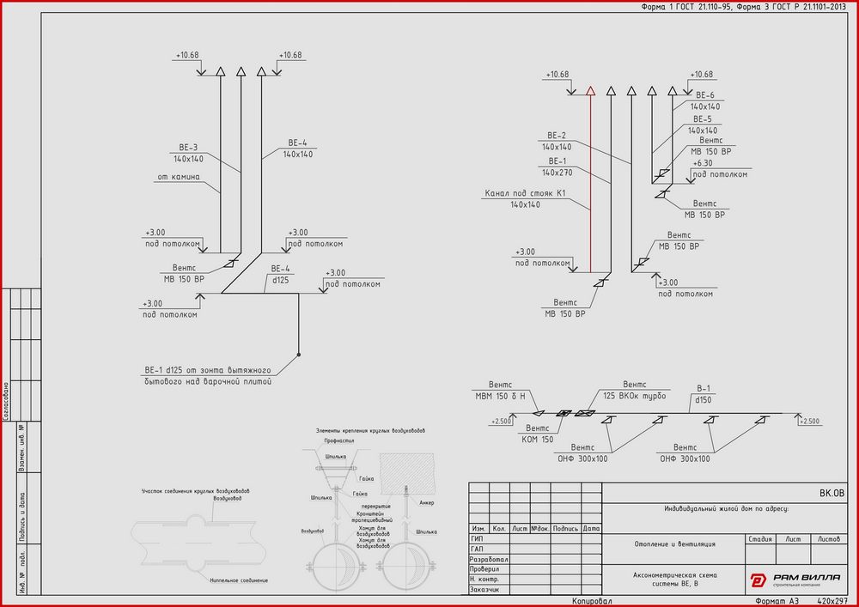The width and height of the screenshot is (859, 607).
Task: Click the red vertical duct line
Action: [591, 180]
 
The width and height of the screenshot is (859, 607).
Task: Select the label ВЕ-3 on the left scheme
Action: [187, 147]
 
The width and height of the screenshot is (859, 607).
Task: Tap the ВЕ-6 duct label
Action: [705, 94]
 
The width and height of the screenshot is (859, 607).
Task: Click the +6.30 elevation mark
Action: [702, 162]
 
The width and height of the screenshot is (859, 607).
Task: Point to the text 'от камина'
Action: [178, 178]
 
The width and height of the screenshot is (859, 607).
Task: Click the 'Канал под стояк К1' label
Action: [525, 193]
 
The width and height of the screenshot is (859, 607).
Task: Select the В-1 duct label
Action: [705, 388]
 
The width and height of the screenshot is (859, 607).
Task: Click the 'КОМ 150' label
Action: [537, 439]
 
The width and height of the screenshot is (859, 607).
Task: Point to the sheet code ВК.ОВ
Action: [832, 493]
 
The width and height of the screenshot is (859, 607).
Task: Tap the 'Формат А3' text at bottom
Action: [776, 601]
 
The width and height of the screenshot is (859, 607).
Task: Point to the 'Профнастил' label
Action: [339, 440]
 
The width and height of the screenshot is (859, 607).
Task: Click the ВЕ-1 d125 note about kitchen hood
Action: [208, 374]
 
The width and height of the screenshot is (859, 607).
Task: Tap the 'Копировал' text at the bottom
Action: [592, 601]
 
